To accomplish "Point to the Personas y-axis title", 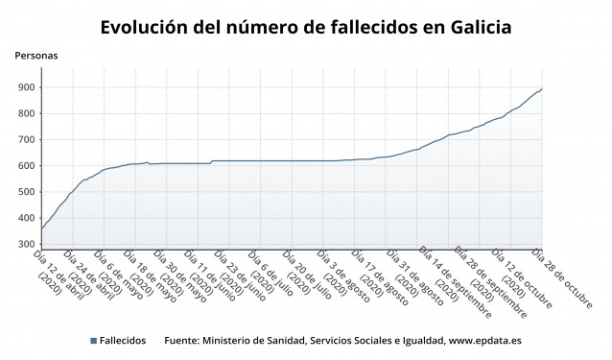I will [35, 56].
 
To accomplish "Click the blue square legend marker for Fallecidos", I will [93, 341].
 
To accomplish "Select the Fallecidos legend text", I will [123, 341].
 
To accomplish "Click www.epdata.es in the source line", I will [484, 341].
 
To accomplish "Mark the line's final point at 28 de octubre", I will [542, 89].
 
